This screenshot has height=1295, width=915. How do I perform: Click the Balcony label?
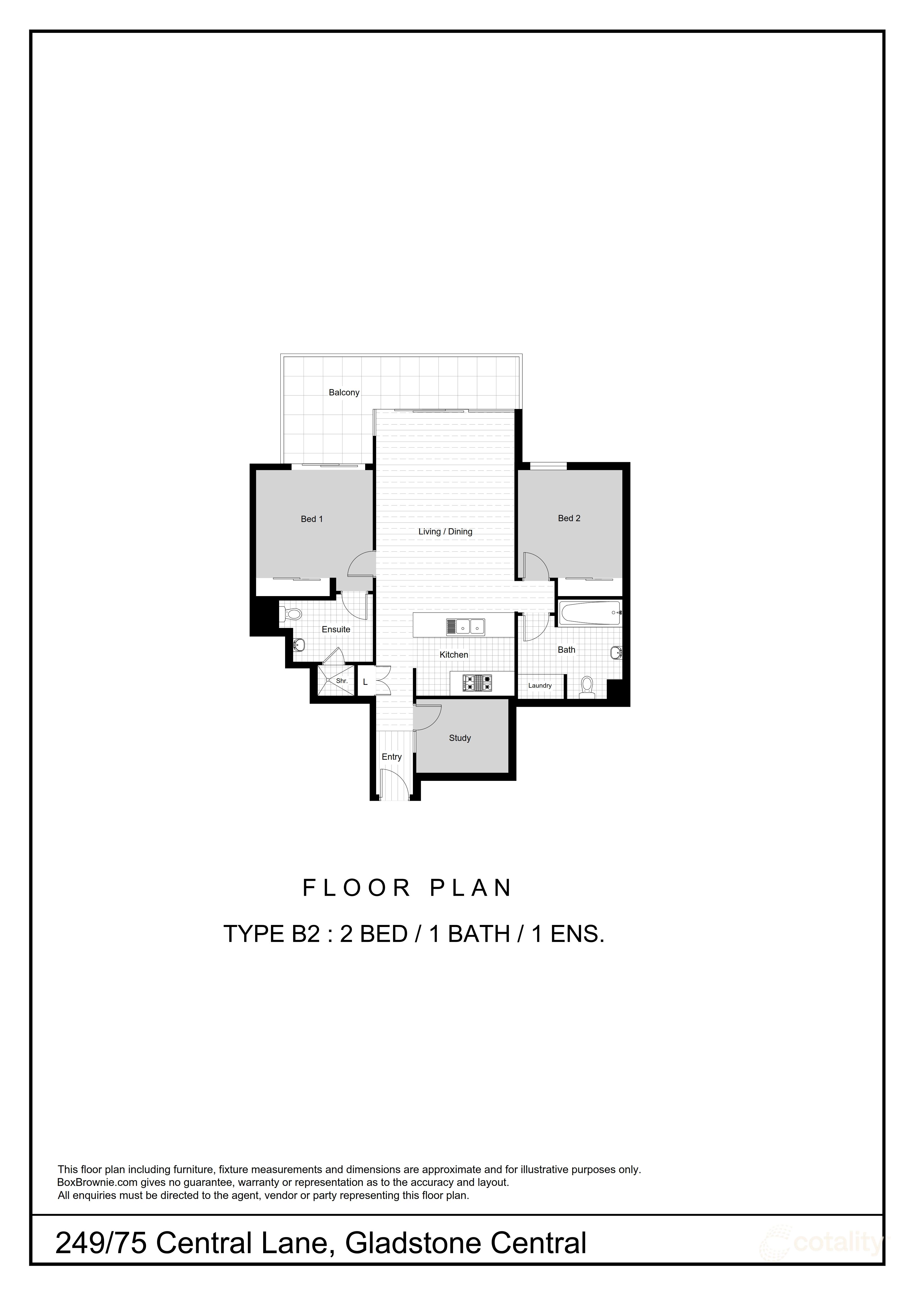[x=344, y=393]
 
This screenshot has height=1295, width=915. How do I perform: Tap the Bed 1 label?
[x=312, y=519]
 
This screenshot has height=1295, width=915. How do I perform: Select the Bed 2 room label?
[x=569, y=518]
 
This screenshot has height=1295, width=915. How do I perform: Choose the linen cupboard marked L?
[x=365, y=682]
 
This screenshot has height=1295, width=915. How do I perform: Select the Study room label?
[x=460, y=738]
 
